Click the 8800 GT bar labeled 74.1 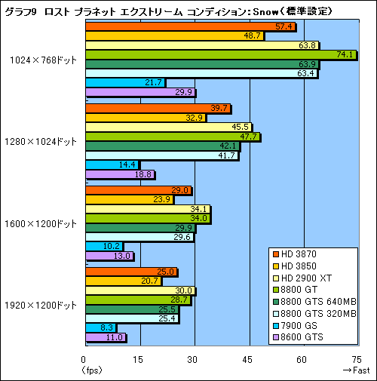[x=219, y=55]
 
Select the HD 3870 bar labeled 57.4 [x=188, y=26]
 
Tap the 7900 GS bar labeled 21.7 [x=124, y=82]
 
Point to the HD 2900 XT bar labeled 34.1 [x=147, y=209]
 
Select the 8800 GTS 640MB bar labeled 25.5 [x=131, y=309]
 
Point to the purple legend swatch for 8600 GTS [x=276, y=339]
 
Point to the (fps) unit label [x=91, y=370]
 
